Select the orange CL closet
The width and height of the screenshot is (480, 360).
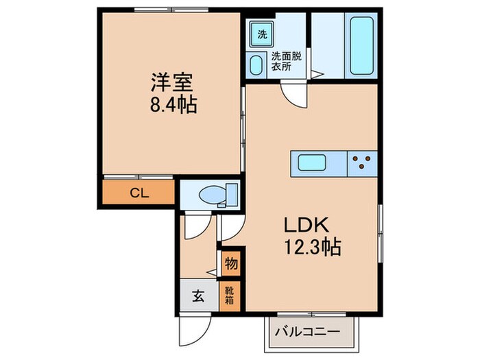[x=139, y=193]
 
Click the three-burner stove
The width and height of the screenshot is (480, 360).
[x=362, y=163]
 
